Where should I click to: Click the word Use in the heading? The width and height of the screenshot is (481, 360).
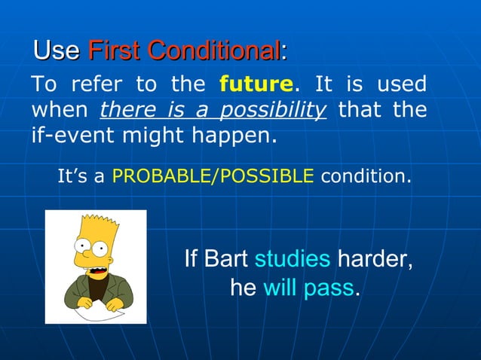[x=57, y=50]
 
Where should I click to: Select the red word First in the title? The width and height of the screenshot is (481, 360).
[x=115, y=50]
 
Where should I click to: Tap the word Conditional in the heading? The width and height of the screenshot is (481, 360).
[x=213, y=50]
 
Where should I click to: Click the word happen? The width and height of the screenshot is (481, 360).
[x=237, y=137]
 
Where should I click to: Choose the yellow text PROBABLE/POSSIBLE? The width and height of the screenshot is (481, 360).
[x=213, y=177]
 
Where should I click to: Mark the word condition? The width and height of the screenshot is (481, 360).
[x=366, y=177]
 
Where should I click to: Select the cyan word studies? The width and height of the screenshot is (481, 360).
[x=293, y=259]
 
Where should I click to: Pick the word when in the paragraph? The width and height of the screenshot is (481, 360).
[x=60, y=110]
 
